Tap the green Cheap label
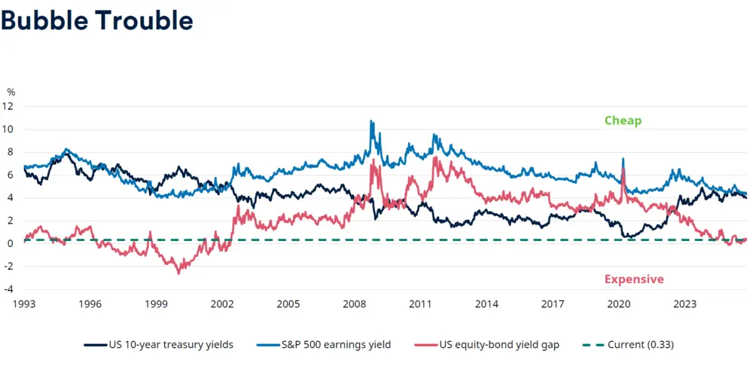tap(623, 120)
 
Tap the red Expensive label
tap(634, 279)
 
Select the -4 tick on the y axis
tap(10, 289)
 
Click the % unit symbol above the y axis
tap(11, 92)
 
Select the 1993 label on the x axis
tap(24, 304)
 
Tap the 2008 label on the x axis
tap(355, 304)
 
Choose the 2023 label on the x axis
tap(684, 304)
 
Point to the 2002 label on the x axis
tap(222, 304)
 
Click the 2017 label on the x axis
tap(553, 304)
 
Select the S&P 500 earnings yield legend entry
tap(329, 345)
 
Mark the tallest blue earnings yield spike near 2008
tap(370, 120)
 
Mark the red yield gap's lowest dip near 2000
tap(178, 273)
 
